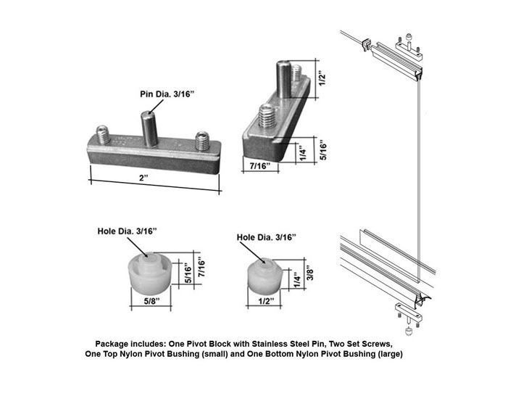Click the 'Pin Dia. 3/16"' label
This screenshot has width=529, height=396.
(167, 94)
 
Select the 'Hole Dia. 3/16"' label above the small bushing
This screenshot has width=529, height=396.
(266, 238)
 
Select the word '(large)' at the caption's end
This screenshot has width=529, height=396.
(388, 354)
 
